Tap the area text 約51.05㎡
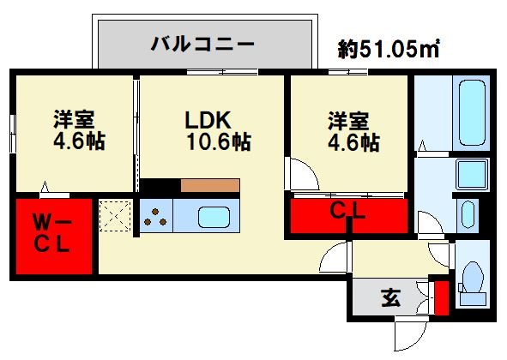point(389,49)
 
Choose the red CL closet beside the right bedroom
point(348,214)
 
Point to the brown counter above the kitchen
point(210,184)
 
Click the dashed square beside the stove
point(114,215)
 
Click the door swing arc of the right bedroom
point(302,175)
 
